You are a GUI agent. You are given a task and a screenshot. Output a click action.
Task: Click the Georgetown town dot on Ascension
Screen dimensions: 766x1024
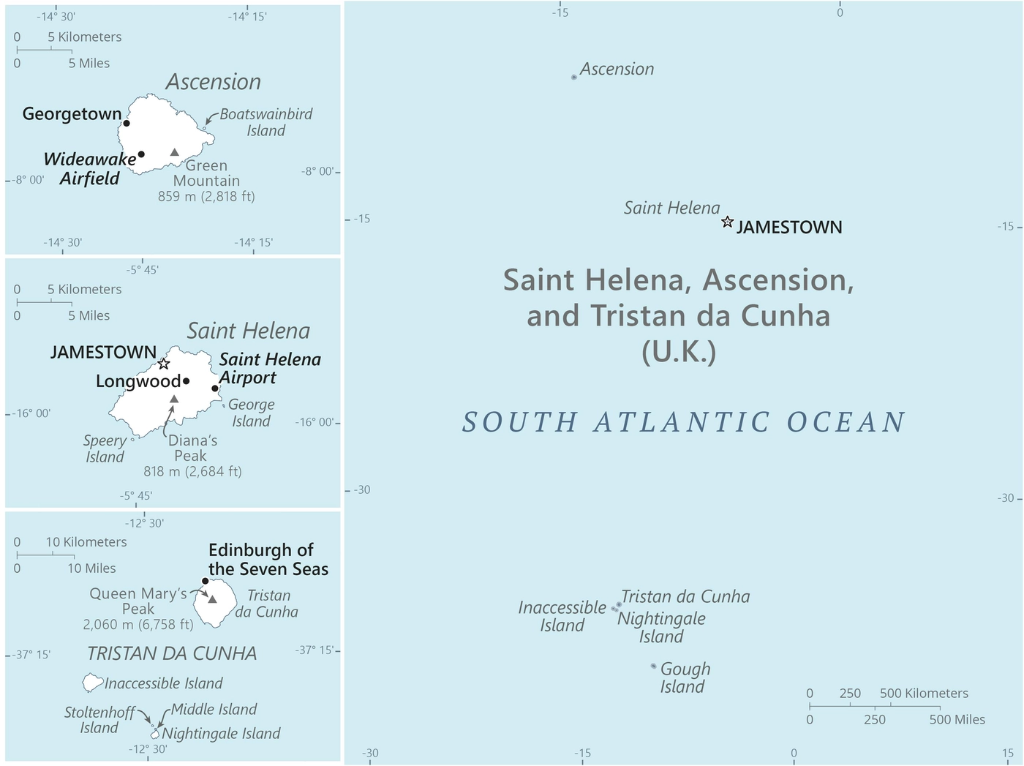[127, 123]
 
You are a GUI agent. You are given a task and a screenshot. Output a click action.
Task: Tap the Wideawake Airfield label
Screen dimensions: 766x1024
[89, 169]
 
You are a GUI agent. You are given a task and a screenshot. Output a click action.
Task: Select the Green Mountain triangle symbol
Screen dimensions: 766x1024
[174, 152]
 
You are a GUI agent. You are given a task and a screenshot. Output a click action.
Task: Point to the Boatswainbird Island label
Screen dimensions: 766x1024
[266, 122]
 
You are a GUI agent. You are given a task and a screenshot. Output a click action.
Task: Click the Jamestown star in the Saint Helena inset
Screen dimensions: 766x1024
[164, 364]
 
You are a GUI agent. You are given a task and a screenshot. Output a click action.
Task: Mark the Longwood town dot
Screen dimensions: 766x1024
[187, 381]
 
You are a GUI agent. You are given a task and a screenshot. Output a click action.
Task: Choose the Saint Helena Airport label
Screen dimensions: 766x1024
[269, 368]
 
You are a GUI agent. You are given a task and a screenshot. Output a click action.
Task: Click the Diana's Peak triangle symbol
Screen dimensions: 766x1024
[174, 399]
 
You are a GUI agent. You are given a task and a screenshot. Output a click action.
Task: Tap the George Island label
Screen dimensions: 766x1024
[251, 413]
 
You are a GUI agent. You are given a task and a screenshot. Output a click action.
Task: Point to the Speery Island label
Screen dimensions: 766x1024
[105, 448]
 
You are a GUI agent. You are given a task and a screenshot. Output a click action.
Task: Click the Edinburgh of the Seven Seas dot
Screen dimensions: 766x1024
[205, 581]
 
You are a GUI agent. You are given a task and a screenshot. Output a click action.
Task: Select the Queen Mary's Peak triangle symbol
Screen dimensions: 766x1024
[212, 598]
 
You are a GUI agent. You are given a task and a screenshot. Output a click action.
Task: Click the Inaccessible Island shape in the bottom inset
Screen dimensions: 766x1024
[92, 683]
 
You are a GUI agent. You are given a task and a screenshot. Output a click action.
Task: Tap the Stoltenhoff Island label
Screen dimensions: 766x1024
[99, 720]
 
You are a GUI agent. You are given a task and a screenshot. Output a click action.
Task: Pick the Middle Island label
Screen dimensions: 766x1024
[214, 709]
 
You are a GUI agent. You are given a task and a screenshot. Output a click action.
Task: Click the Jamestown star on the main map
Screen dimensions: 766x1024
[727, 222]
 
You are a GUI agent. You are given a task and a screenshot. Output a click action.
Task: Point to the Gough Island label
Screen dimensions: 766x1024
[685, 677]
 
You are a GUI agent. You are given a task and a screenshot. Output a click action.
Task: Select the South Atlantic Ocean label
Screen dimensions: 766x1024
[684, 422]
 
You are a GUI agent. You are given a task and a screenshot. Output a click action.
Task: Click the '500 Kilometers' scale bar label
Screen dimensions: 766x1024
[923, 693]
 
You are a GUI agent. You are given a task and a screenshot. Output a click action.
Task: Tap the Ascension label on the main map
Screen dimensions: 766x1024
[617, 69]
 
